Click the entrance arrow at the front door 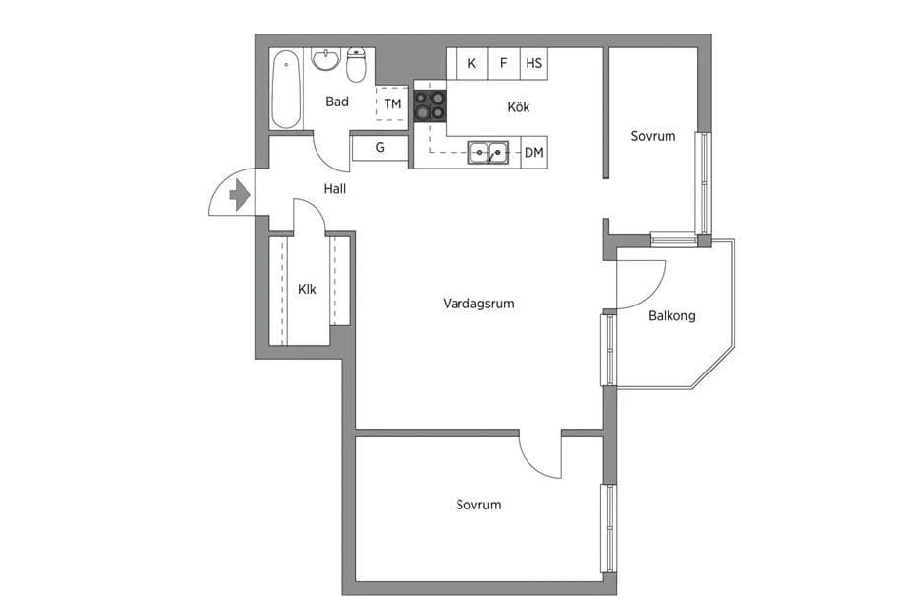[240, 195]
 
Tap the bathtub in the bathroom [286, 89]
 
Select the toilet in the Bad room [356, 65]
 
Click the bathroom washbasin [325, 59]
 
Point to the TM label [392, 103]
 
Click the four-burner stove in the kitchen [430, 105]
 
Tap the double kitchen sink [488, 152]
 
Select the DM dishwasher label [534, 153]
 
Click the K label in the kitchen [471, 63]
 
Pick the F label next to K [504, 63]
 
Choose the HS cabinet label [534, 63]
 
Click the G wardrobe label [380, 147]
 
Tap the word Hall [335, 188]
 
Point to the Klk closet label [307, 289]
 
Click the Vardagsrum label [478, 304]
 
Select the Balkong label [671, 316]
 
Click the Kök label [519, 106]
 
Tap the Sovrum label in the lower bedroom [478, 505]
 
